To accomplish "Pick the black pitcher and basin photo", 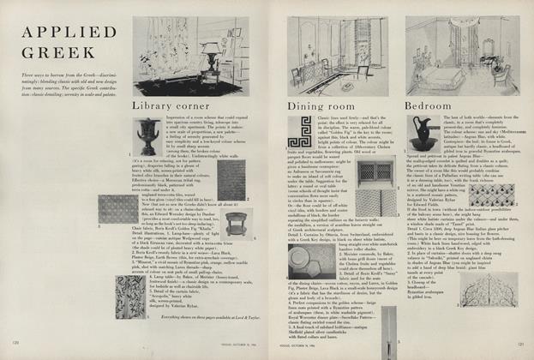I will coord(426,134).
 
